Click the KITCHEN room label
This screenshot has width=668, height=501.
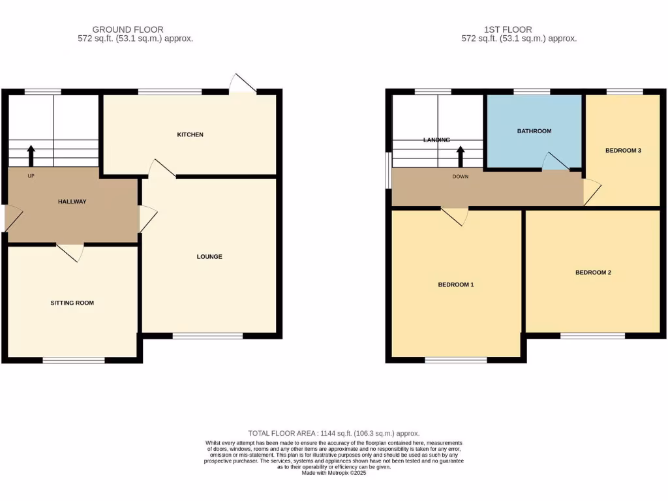pyautogui.click(x=190, y=135)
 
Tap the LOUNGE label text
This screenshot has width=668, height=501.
pyautogui.click(x=209, y=257)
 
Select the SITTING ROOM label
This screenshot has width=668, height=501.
pyautogui.click(x=72, y=303)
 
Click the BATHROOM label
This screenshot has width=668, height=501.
pyautogui.click(x=534, y=131)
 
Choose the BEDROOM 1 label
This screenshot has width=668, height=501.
pyautogui.click(x=455, y=285)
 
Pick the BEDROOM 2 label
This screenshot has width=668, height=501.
pyautogui.click(x=593, y=273)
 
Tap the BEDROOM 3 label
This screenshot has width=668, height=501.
pyautogui.click(x=623, y=151)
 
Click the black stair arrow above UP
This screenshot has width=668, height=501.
pyautogui.click(x=31, y=157)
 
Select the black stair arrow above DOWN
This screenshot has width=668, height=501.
pyautogui.click(x=460, y=157)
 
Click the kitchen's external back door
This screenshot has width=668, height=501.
pyautogui.click(x=243, y=84)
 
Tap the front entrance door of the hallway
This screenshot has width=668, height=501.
pyautogui.click(x=12, y=218)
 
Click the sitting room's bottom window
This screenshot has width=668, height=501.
pyautogui.click(x=74, y=360)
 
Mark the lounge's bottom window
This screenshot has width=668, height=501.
pyautogui.click(x=207, y=337)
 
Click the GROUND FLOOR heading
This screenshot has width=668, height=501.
pyautogui.click(x=128, y=29)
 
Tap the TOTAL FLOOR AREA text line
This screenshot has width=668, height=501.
pyautogui.click(x=333, y=433)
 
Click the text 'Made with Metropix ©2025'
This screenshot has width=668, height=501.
pyautogui.click(x=333, y=474)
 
